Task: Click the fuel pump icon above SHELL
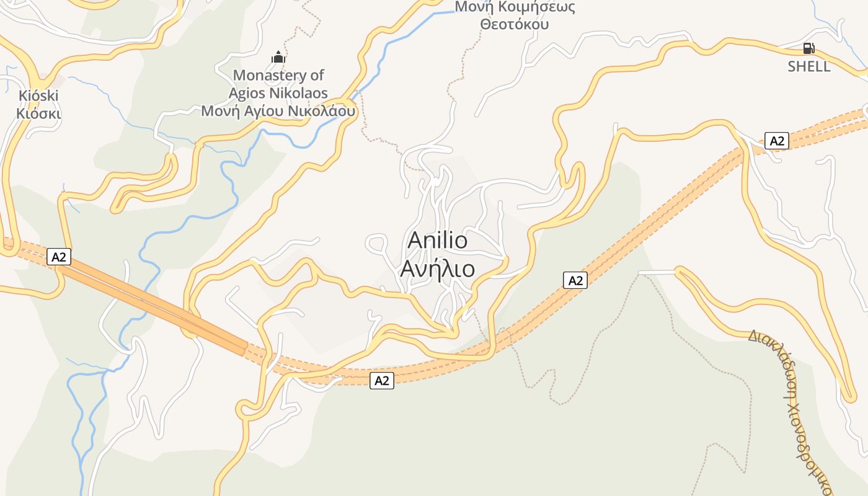[809, 48]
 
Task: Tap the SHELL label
[809, 66]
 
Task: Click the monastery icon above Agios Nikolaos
[278, 58]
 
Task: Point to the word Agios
[247, 94]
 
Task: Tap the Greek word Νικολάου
[322, 112]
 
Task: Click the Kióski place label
[38, 96]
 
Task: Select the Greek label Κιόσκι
[38, 113]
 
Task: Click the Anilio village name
[438, 241]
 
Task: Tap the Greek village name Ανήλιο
[438, 269]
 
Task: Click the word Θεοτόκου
[515, 25]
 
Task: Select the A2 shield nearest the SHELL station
[776, 141]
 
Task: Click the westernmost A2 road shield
[59, 257]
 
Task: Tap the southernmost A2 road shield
[382, 381]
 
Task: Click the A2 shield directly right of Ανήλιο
[575, 280]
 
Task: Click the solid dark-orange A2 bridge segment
[155, 304]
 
